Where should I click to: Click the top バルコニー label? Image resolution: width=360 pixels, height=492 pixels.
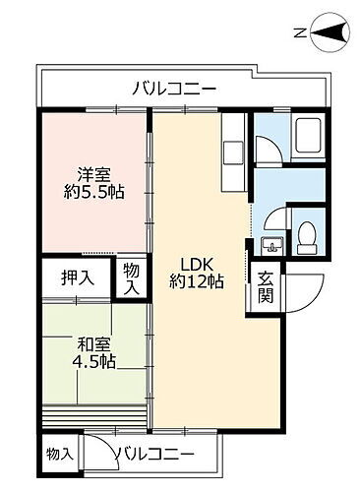(174, 90)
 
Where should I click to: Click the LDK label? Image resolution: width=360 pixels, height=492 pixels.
(197, 263)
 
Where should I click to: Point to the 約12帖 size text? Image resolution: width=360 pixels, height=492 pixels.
(197, 282)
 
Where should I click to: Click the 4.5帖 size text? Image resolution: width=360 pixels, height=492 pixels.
(94, 361)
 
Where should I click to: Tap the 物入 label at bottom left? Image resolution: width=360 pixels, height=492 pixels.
(60, 454)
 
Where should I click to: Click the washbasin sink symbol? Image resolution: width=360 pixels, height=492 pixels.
(271, 242)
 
